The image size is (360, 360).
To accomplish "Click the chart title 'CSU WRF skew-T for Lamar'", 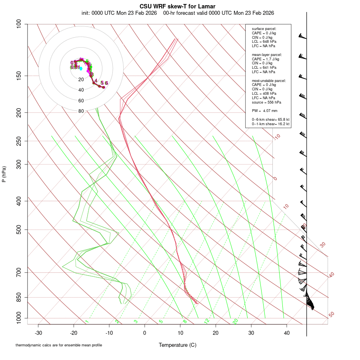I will [178, 6].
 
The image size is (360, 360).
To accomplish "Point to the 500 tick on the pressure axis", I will [18, 230].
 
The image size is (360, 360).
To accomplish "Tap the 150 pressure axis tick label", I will [18, 76].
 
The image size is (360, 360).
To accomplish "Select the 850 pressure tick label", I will [18, 297].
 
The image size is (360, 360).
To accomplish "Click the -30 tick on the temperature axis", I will [38, 333].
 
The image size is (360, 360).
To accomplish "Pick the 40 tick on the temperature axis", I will [287, 333].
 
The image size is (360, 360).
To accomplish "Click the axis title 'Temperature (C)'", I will [178, 345].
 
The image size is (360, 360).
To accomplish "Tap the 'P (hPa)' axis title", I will [4, 174].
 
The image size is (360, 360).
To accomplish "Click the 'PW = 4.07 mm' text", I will [265, 110].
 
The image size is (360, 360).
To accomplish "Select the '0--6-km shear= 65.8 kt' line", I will [271, 120].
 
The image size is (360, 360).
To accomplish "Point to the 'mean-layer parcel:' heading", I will [267, 54].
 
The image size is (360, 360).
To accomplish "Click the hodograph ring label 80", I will [81, 111].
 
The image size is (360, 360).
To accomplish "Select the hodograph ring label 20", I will [81, 80].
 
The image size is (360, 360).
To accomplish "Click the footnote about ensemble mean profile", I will [59, 345].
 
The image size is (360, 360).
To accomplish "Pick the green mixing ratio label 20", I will [235, 321].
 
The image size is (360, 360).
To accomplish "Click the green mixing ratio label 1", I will [87, 322].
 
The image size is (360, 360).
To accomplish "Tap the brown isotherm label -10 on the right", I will [277, 137].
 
